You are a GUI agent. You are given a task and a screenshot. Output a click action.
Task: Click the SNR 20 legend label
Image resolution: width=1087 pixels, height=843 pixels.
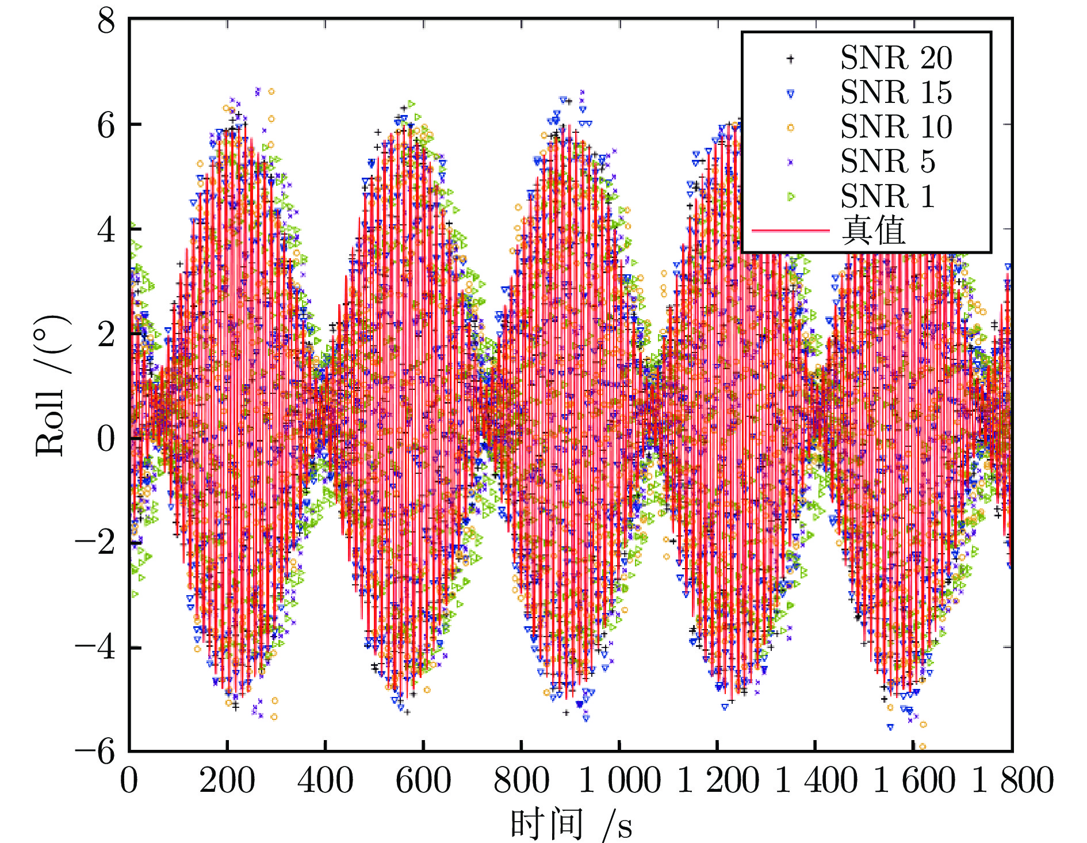pos(895,58)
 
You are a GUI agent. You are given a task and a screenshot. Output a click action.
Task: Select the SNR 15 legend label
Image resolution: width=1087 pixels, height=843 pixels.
pos(895,93)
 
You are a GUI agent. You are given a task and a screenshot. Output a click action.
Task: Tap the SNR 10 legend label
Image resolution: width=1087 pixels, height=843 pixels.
pos(895,127)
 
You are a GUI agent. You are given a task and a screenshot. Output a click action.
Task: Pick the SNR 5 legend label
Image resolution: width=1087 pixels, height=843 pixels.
pos(887,162)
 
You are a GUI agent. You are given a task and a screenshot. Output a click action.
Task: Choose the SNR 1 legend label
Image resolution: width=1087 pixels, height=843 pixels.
pos(887,196)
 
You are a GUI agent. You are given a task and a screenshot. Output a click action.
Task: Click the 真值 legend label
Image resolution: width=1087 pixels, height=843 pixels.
pos(874,231)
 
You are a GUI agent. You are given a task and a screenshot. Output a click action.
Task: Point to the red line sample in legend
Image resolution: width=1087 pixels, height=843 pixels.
pos(790,231)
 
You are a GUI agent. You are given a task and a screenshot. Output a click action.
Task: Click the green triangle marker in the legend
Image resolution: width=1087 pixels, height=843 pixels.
pos(791,197)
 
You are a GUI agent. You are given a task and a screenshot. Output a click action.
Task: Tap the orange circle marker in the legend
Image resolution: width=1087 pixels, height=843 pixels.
pos(790,128)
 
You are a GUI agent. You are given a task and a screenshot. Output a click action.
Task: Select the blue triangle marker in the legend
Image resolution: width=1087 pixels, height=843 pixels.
pos(790,93)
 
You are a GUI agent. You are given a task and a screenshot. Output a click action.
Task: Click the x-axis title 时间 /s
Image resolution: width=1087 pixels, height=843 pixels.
pos(571,823)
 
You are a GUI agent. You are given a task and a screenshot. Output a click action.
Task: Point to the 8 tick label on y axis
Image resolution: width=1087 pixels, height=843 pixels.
pos(106,23)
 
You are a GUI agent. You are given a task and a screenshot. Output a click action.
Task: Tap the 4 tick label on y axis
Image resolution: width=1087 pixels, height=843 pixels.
pos(106,230)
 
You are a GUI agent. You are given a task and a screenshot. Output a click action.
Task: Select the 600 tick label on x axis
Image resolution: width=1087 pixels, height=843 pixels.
pos(423,781)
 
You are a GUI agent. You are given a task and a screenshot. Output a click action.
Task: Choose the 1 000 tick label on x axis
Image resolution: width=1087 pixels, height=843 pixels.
pos(619,781)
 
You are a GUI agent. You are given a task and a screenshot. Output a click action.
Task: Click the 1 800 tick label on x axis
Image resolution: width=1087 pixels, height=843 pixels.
pos(1012,781)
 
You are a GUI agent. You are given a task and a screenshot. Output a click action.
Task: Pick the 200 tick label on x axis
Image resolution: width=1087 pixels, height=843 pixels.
pos(227,781)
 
